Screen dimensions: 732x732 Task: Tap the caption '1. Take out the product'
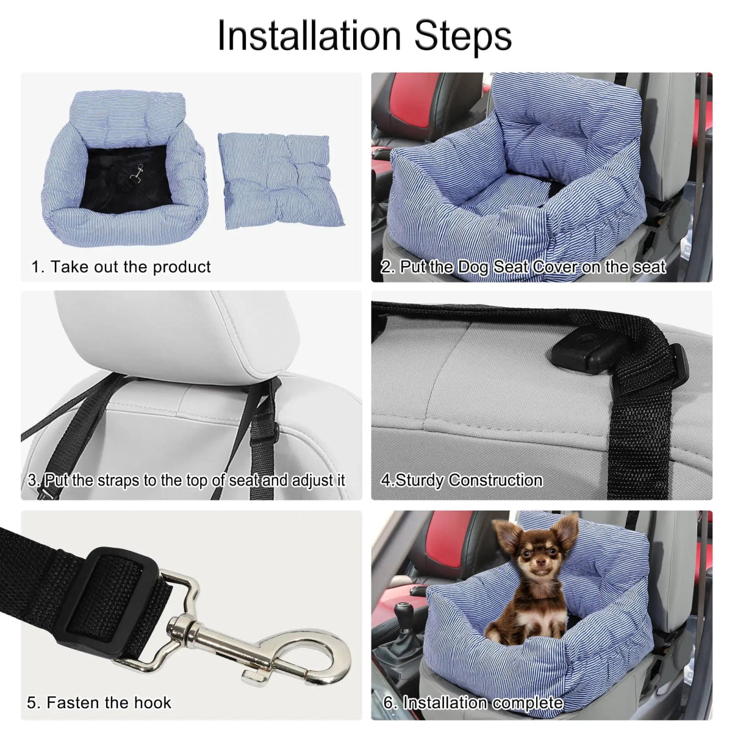pyautogui.click(x=121, y=267)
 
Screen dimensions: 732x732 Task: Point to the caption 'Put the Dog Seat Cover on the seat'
pyautogui.click(x=523, y=267)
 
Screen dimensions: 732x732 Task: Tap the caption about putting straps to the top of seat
pyautogui.click(x=187, y=480)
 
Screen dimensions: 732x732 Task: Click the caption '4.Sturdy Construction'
pyautogui.click(x=462, y=480)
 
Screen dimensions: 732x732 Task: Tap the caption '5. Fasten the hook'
pyautogui.click(x=99, y=703)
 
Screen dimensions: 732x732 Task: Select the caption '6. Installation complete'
pyautogui.click(x=473, y=703)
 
